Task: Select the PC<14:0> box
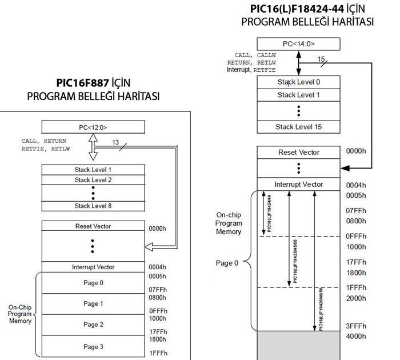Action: [x=298, y=44]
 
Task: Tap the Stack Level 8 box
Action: [x=92, y=206]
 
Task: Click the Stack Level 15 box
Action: [x=298, y=126]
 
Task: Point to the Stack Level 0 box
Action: [x=298, y=82]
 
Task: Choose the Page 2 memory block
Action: [x=92, y=325]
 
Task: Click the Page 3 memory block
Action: [x=92, y=346]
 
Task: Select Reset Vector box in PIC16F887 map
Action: [x=92, y=226]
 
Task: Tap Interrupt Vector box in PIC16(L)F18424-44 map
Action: [x=298, y=185]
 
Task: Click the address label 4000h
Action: [x=355, y=337]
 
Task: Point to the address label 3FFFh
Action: [x=355, y=326]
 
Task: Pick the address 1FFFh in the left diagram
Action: [x=158, y=353]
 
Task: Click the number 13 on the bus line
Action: [x=115, y=142]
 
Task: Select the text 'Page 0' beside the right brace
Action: [x=227, y=263]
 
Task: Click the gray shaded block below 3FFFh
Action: [x=298, y=346]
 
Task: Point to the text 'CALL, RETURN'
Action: [x=44, y=141]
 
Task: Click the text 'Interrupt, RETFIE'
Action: [x=251, y=69]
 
